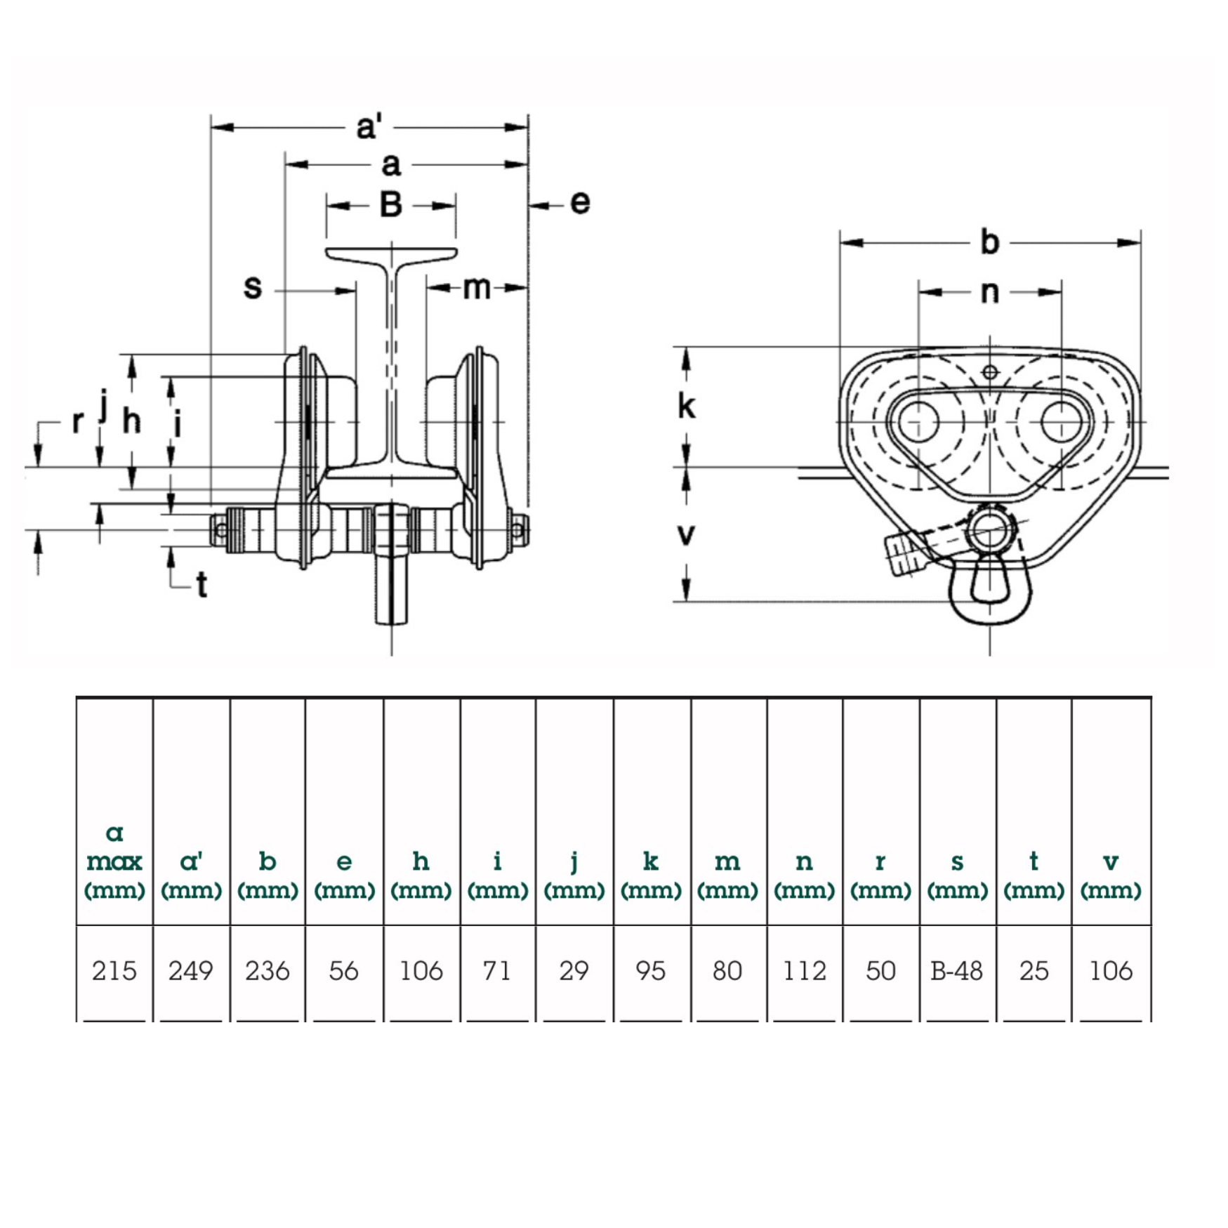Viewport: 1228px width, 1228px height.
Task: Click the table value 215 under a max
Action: pyautogui.click(x=114, y=970)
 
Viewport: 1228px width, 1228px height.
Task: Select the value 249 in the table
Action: pyautogui.click(x=190, y=970)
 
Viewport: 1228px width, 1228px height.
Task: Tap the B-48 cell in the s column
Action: pyautogui.click(x=956, y=970)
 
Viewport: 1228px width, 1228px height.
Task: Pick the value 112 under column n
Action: pyautogui.click(x=804, y=970)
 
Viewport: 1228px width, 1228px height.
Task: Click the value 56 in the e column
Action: pyautogui.click(x=343, y=970)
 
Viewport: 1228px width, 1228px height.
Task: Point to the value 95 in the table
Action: pyautogui.click(x=650, y=970)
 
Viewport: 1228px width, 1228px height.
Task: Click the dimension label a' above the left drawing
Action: pyautogui.click(x=369, y=127)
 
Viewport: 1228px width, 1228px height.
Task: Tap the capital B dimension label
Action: pyautogui.click(x=391, y=205)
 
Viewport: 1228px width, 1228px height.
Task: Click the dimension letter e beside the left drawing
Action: pyautogui.click(x=580, y=202)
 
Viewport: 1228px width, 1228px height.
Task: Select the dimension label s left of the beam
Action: pyautogui.click(x=253, y=286)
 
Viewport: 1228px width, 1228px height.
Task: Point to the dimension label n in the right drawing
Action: pyautogui.click(x=989, y=291)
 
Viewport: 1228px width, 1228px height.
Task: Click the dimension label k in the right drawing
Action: pyautogui.click(x=686, y=406)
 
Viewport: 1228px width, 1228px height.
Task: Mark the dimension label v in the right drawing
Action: pyautogui.click(x=686, y=534)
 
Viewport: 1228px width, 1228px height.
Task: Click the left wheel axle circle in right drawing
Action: pyautogui.click(x=919, y=422)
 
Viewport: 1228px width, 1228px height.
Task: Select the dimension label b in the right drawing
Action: pyautogui.click(x=989, y=242)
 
